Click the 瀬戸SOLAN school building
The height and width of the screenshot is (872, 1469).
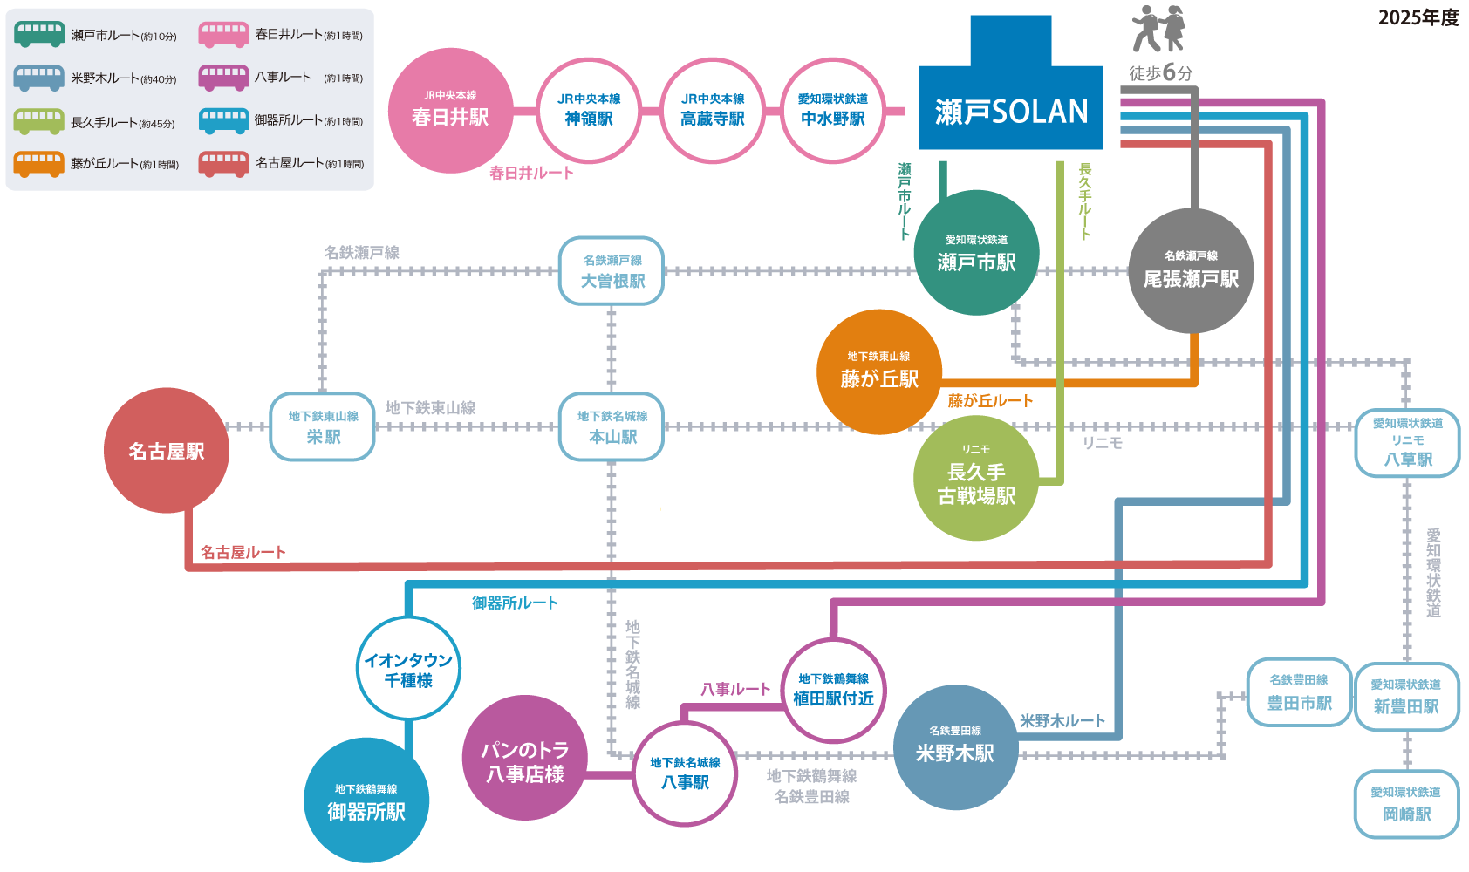coord(1010,96)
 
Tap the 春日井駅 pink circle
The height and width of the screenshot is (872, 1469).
coord(450,111)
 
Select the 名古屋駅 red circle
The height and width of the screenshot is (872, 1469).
coord(167,451)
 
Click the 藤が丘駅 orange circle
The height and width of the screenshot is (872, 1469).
coord(879,372)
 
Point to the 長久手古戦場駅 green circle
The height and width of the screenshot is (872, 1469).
coord(976,478)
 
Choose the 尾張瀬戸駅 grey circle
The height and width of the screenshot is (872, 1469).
coord(1191,271)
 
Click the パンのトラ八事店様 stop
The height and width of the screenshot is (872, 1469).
coord(525,759)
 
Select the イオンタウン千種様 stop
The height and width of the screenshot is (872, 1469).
coord(408,669)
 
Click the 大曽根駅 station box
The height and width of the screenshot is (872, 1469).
coord(612,271)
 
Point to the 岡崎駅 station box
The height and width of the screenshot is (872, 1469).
coord(1406,804)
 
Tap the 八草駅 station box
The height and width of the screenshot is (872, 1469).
coord(1407,443)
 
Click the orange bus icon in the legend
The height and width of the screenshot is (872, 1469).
coord(39,163)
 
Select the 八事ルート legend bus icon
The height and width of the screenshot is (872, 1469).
coord(224,77)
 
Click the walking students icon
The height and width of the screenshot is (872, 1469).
coord(1158,29)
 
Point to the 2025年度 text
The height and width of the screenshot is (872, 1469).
coord(1418,17)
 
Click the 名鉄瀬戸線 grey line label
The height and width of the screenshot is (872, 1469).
coord(362,252)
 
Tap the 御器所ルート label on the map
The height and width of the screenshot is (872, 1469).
coord(515,603)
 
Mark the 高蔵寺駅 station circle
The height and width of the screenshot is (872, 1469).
coord(713,111)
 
